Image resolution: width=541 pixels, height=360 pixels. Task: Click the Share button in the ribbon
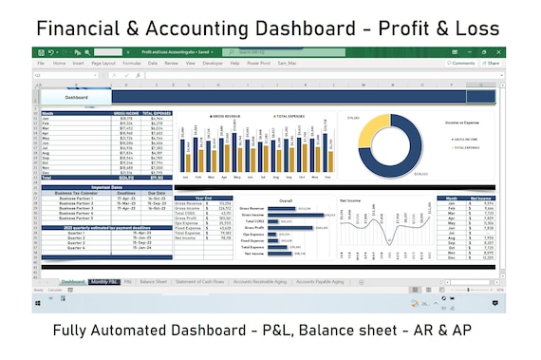tap(492, 63)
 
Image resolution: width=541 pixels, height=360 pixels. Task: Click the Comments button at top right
tap(461, 63)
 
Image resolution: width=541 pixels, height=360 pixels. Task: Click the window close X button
tap(499, 51)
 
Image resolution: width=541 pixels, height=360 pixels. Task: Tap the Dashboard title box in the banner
tap(77, 98)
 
